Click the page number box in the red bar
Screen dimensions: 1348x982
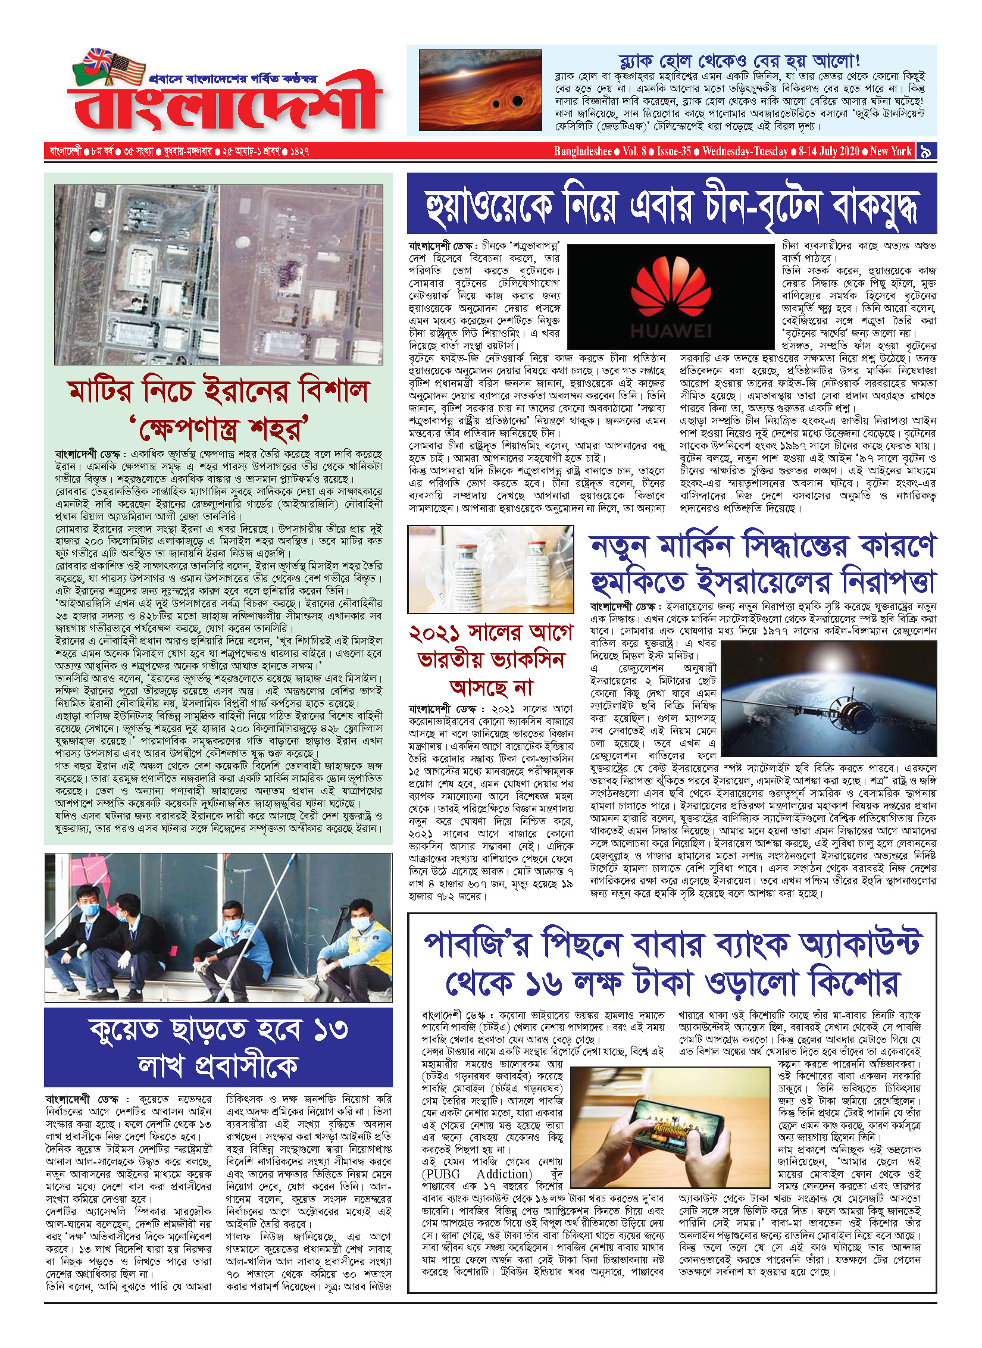926,151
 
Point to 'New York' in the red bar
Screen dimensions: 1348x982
890,151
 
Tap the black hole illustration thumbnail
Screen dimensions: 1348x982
480,90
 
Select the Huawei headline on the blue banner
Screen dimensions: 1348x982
671,204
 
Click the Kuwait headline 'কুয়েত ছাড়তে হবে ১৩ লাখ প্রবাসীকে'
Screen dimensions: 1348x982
218,1047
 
